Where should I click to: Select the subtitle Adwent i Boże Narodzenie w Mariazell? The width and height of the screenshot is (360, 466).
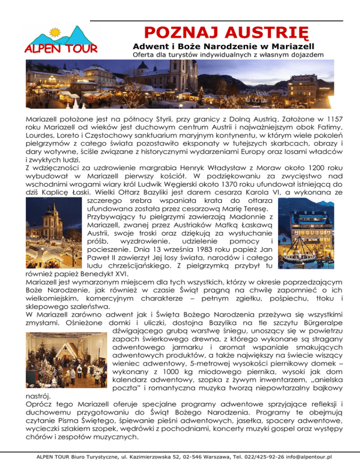[x=223, y=47]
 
